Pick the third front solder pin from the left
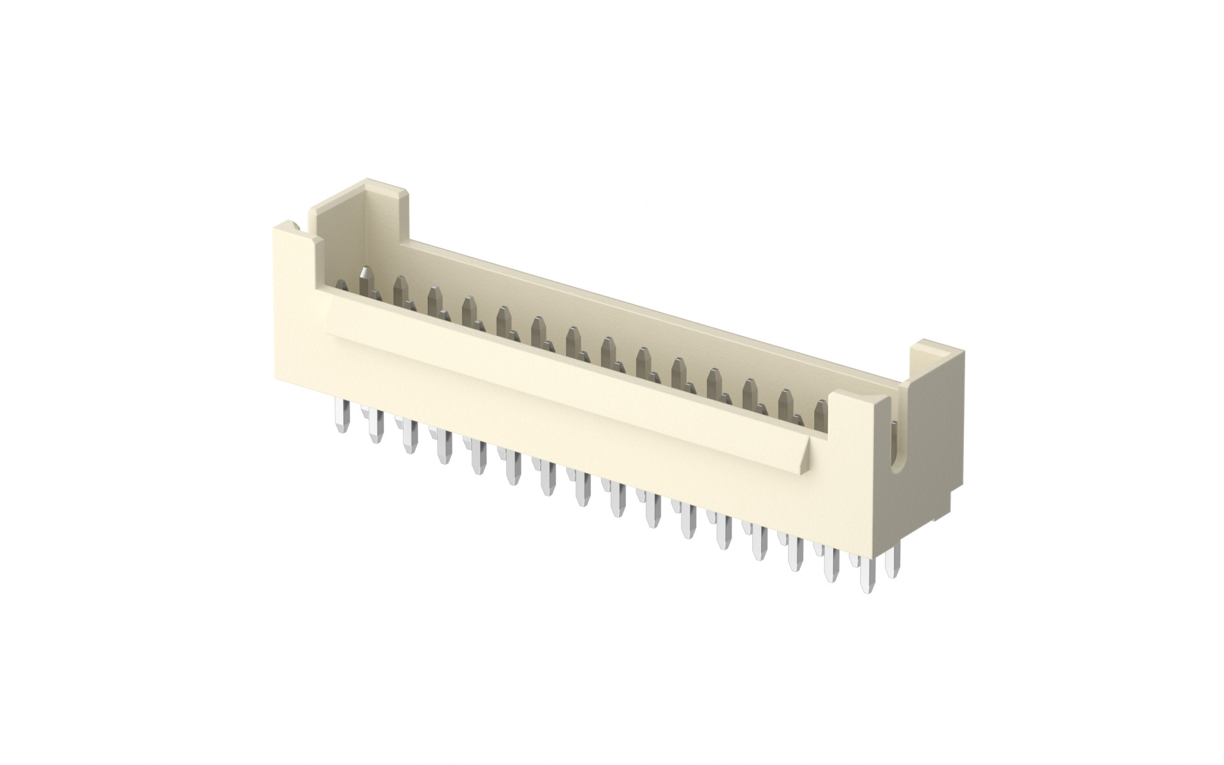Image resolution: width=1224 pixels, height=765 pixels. tap(408, 439)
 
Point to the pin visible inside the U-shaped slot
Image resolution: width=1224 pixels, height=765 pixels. tap(894, 433)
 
